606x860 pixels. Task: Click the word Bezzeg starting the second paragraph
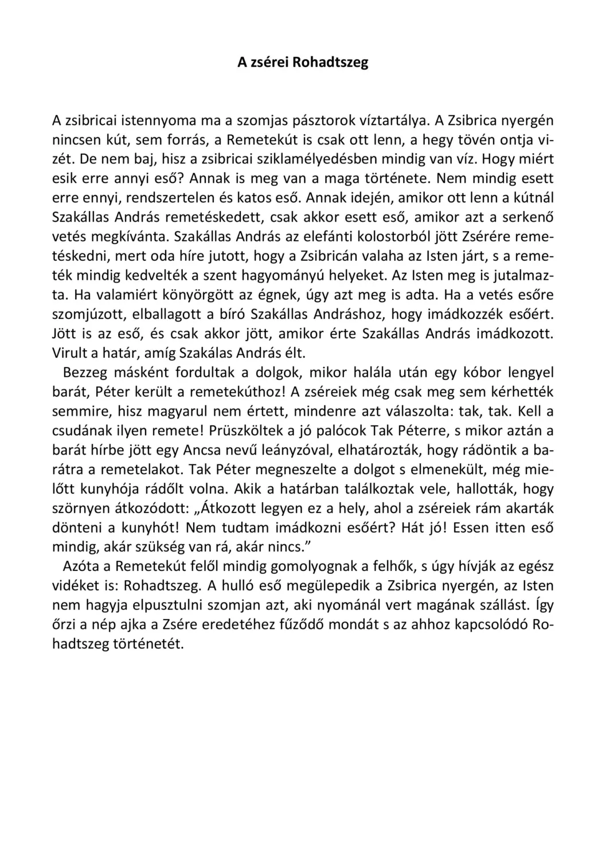84,373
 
